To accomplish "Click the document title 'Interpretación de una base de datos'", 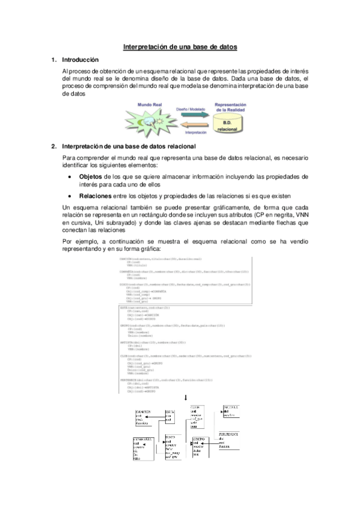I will [180, 46].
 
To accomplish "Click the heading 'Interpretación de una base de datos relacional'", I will [129, 146].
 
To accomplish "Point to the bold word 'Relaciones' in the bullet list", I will [96, 196].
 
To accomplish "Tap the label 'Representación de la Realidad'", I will [227, 107].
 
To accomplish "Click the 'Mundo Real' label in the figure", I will [150, 105].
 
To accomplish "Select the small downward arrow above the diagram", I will [186, 398].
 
